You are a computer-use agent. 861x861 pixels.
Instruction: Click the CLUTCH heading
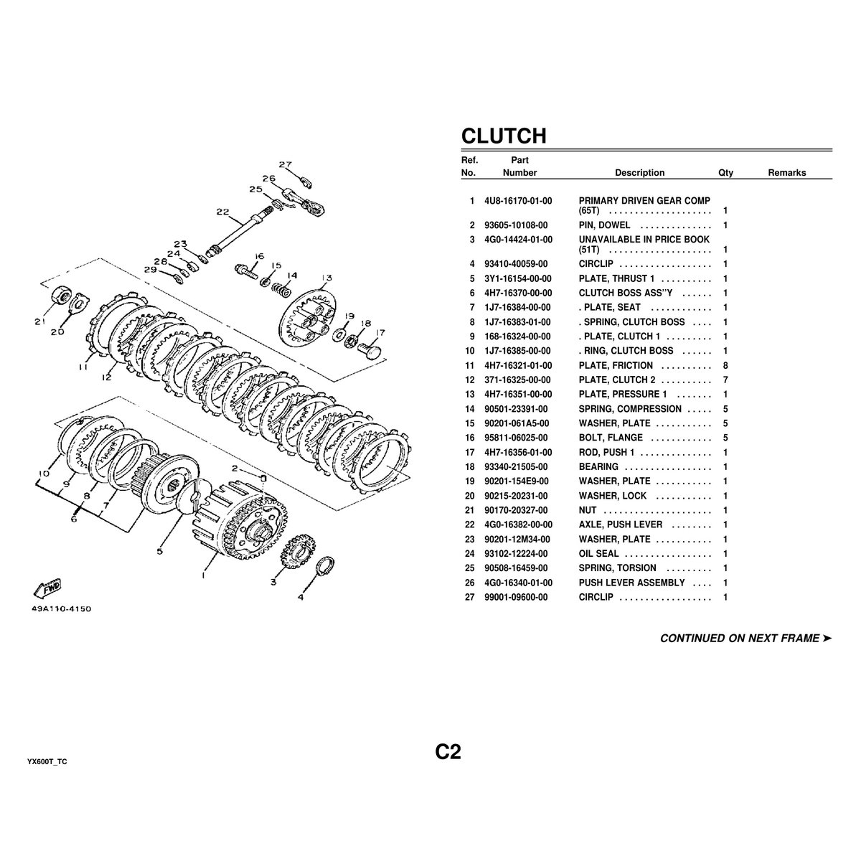504,136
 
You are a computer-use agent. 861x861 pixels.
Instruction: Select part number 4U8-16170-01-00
518,201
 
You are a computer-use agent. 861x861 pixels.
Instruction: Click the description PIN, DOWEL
604,225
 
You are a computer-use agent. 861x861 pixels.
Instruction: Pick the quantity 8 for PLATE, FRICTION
725,365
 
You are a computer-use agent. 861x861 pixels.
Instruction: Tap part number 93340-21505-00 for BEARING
516,467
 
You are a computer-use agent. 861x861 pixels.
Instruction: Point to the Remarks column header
787,173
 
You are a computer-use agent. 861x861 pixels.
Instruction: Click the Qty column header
725,173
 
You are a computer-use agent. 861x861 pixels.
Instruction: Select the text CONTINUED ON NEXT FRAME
740,639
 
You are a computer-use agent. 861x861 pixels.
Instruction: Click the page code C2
448,751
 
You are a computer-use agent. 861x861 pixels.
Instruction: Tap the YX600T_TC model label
47,762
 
